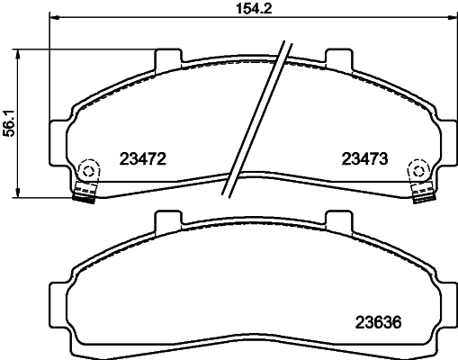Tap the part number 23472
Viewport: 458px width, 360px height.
(x=144, y=159)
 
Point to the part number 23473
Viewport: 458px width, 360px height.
(x=364, y=159)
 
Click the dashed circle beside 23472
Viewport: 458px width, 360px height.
(x=89, y=169)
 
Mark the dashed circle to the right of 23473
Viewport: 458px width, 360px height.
(x=418, y=169)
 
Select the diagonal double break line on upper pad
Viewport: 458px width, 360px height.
(x=258, y=117)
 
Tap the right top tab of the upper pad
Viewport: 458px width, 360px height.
(x=337, y=58)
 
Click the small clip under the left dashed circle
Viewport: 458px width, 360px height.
(x=85, y=193)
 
